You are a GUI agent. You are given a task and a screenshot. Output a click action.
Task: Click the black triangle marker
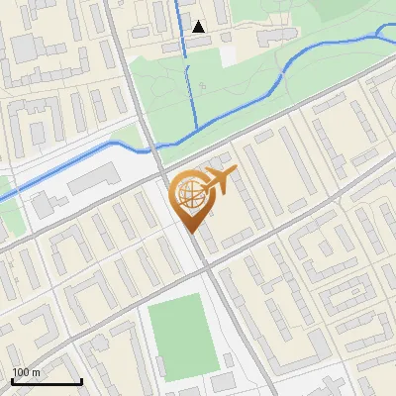pos(200,27)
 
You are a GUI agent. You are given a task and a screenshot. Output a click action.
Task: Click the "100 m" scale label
pos(26,372)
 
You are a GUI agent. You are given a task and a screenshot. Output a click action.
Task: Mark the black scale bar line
pos(47,381)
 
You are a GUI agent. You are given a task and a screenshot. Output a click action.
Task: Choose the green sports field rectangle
pos(181,336)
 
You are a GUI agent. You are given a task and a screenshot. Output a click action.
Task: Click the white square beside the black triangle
pos(230,55)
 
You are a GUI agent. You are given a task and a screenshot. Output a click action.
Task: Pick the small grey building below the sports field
pos(223,381)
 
